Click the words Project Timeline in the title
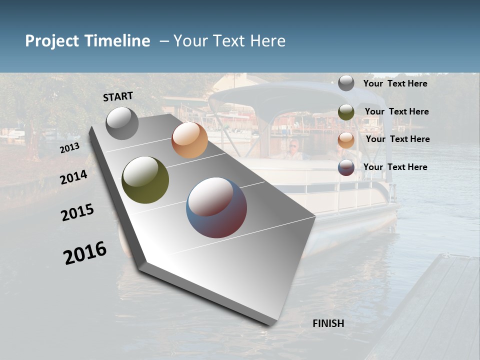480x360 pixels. pyautogui.click(x=87, y=41)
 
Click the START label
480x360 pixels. pyautogui.click(x=118, y=96)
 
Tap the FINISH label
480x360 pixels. pyautogui.click(x=328, y=323)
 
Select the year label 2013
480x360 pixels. pyautogui.click(x=70, y=148)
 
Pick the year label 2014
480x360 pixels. pyautogui.click(x=74, y=177)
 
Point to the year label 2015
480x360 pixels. pyautogui.click(x=77, y=213)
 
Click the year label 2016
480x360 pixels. pyautogui.click(x=85, y=253)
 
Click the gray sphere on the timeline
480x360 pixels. pyautogui.click(x=122, y=123)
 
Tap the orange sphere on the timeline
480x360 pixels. pyautogui.click(x=189, y=140)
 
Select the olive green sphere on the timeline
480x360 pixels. pyautogui.click(x=145, y=180)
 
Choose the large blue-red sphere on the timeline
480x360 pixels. pyautogui.click(x=216, y=207)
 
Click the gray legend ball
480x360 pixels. pyautogui.click(x=346, y=83)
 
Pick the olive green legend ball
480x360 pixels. pyautogui.click(x=346, y=112)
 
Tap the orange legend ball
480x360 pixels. pyautogui.click(x=346, y=140)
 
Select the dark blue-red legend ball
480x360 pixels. pyautogui.click(x=346, y=167)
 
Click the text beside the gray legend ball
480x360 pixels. pyautogui.click(x=395, y=83)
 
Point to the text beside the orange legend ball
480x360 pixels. pyautogui.click(x=397, y=139)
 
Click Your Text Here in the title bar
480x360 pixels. pyautogui.click(x=229, y=41)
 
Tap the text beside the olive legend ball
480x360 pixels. pyautogui.click(x=396, y=111)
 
